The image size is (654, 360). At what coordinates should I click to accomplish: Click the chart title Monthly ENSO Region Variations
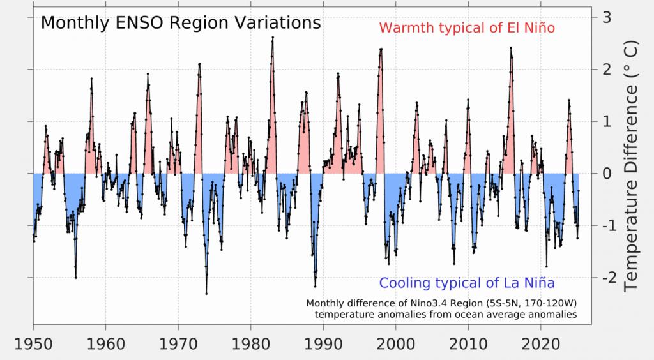pos(180,24)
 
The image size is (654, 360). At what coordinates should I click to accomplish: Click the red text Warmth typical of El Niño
pos(467,29)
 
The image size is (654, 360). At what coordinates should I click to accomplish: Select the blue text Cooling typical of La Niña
pos(466,283)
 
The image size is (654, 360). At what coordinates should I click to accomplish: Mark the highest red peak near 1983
pos(273,37)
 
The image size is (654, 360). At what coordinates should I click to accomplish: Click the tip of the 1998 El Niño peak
pos(381,49)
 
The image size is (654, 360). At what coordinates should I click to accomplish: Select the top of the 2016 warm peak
pos(511,48)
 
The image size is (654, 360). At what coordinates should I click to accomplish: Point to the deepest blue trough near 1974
pos(206,294)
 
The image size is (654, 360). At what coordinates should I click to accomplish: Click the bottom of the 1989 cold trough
pos(315,287)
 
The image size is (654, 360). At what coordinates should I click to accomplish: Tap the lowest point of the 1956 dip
pos(75,278)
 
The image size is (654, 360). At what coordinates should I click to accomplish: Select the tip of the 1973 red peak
pos(200,64)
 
